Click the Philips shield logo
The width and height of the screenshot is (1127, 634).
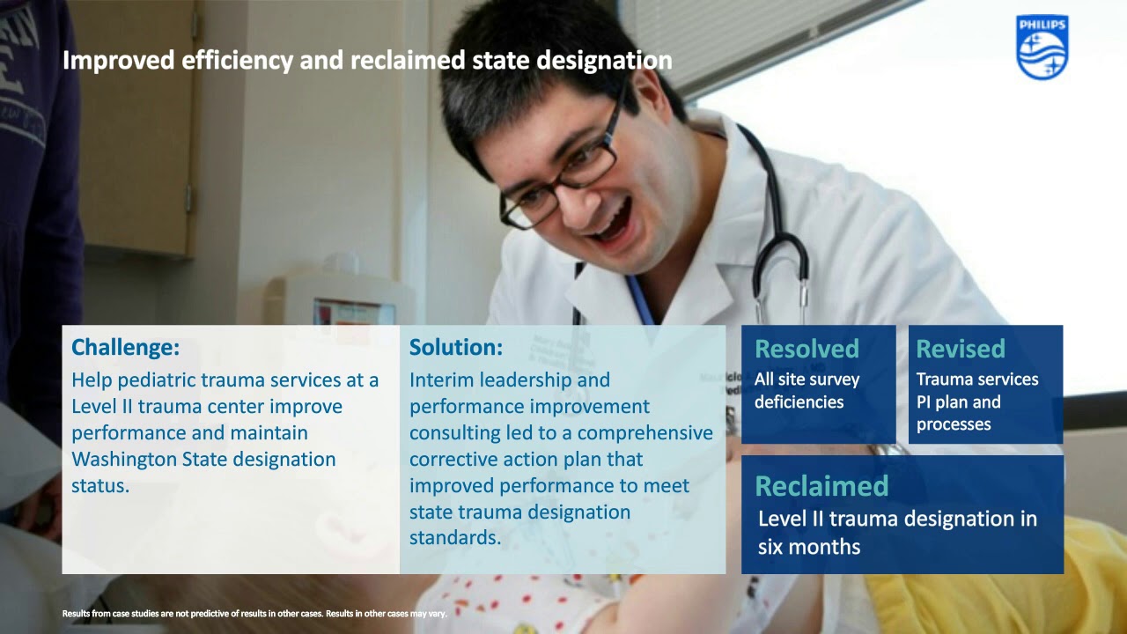[1042, 48]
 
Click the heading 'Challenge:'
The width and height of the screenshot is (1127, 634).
[125, 348]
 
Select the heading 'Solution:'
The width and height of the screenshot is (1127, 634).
[456, 348]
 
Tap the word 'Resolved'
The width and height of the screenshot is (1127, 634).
[807, 349]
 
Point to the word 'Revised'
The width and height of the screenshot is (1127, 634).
[961, 349]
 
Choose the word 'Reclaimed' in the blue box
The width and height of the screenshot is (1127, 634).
[821, 486]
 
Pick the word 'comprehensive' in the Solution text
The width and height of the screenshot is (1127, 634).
[645, 433]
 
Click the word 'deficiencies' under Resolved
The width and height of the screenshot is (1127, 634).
[799, 402]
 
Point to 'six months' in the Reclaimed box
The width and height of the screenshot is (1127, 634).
[809, 547]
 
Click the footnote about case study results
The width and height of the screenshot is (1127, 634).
[254, 614]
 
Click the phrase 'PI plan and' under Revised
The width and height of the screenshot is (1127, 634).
[958, 402]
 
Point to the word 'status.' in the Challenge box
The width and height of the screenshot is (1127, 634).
[100, 486]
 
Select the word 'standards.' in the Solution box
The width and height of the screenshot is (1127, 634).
[455, 538]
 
